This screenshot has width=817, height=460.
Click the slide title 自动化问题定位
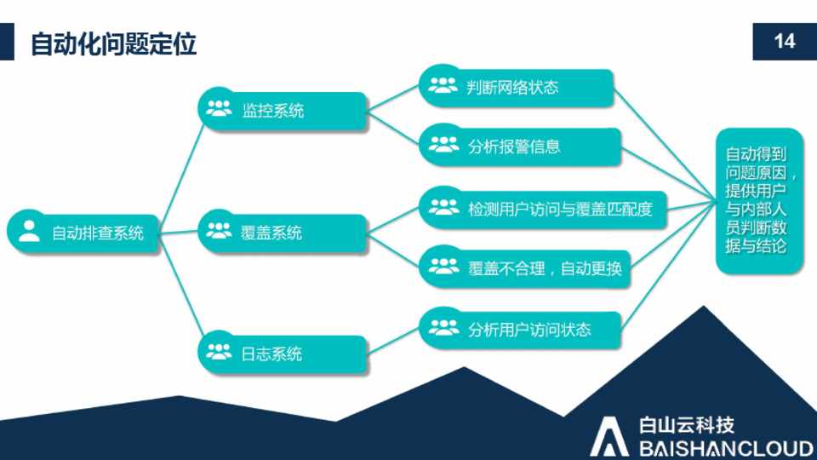pos(113,43)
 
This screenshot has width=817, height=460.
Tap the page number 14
pos(784,41)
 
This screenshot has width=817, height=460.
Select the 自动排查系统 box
pos(83,233)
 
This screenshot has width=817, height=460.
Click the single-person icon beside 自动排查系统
pos(29,231)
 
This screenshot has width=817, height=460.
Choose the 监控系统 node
pos(283,110)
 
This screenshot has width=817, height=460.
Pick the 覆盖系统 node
pos(283,232)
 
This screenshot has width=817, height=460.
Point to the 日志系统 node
pos(283,354)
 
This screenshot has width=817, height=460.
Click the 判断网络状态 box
pos(517,87)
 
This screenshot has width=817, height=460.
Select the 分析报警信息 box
pos(521,147)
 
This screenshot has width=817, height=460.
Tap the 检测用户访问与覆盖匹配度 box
pos(543,209)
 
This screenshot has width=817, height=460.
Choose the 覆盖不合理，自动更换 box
pos(525,268)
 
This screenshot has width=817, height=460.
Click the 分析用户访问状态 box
pos(521,329)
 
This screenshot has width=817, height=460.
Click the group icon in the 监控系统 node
pos(219,108)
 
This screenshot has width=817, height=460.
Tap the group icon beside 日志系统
pos(219,352)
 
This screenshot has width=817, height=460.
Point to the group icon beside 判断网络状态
pos(443,85)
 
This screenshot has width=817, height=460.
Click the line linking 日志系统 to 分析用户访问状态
pos(393,341)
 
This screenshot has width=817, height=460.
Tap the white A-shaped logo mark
pos(609,437)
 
